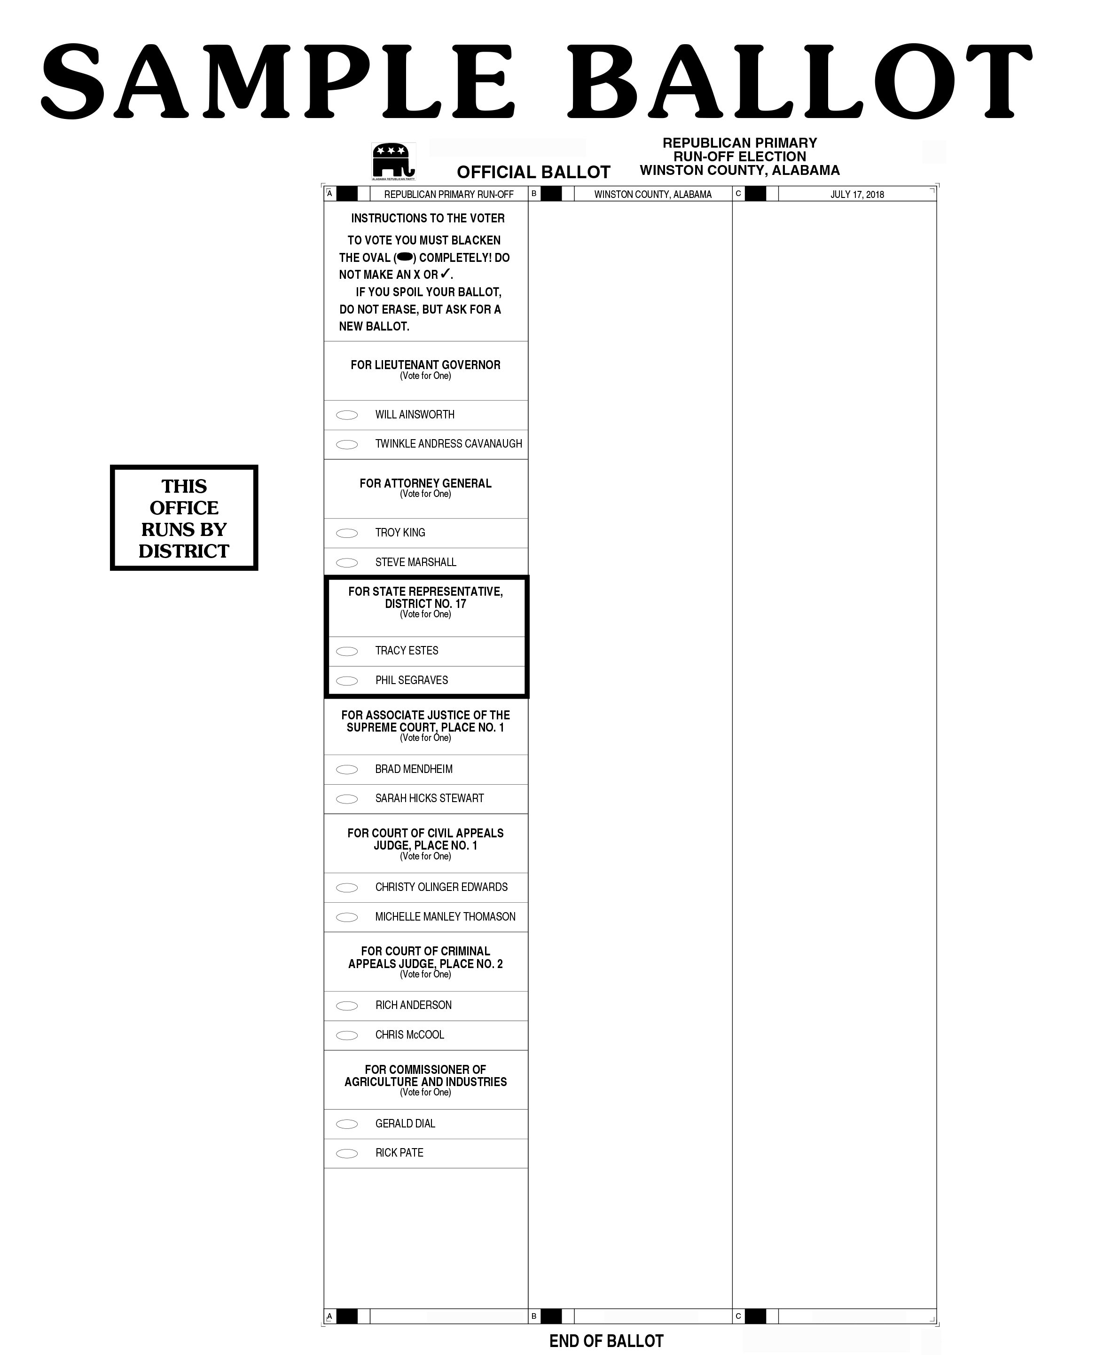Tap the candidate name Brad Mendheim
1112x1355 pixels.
(x=414, y=769)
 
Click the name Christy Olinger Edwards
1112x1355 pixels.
(x=441, y=887)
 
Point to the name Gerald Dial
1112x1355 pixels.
(x=405, y=1124)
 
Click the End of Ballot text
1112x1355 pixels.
(x=606, y=1341)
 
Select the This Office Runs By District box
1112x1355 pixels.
(x=184, y=518)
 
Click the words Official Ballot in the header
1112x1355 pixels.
(x=533, y=173)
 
